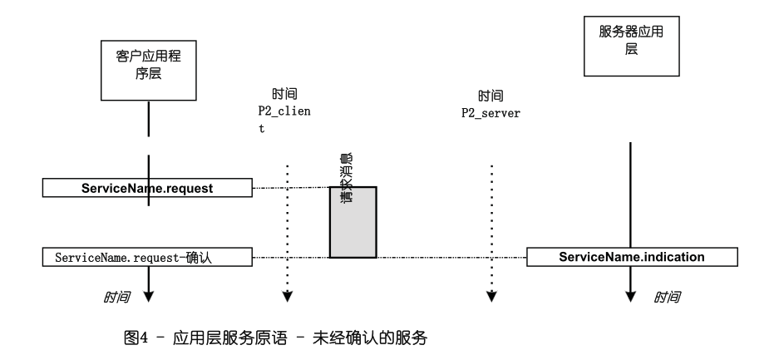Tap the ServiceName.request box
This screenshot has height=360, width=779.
tap(148, 189)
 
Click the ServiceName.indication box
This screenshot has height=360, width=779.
tap(632, 258)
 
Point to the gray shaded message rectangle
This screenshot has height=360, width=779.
tap(353, 222)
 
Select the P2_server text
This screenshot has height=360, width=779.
tap(491, 112)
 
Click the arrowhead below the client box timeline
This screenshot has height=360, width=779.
tap(148, 293)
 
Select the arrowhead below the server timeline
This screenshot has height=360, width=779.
tap(631, 293)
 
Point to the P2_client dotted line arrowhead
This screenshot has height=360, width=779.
tap(287, 296)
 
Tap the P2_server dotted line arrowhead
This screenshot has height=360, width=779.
tap(492, 296)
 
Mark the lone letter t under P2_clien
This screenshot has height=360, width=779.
tap(261, 129)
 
